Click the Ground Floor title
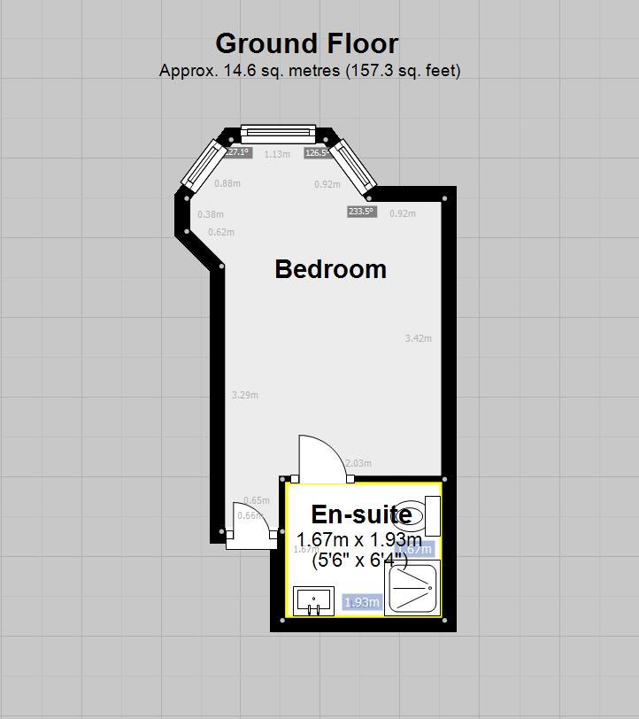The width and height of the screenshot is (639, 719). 307,43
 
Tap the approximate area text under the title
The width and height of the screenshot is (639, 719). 310,71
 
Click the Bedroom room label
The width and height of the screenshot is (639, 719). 330,269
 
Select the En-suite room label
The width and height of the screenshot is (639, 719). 361,514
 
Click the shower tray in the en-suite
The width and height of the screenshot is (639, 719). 412,587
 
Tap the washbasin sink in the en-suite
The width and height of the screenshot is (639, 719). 313,600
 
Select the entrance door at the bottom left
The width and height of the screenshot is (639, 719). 250,526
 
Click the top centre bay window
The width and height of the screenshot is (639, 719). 278,134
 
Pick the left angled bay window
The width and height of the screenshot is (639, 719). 201,164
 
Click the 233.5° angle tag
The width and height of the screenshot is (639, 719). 361,212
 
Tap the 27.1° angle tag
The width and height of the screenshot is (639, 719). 238,152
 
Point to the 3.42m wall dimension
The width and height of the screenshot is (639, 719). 418,338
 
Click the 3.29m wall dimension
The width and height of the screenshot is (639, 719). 244,395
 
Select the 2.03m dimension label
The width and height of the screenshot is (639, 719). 358,463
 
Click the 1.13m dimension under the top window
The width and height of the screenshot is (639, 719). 277,154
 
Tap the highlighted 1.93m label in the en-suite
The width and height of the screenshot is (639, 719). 361,603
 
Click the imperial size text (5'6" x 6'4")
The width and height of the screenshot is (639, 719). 359,560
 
